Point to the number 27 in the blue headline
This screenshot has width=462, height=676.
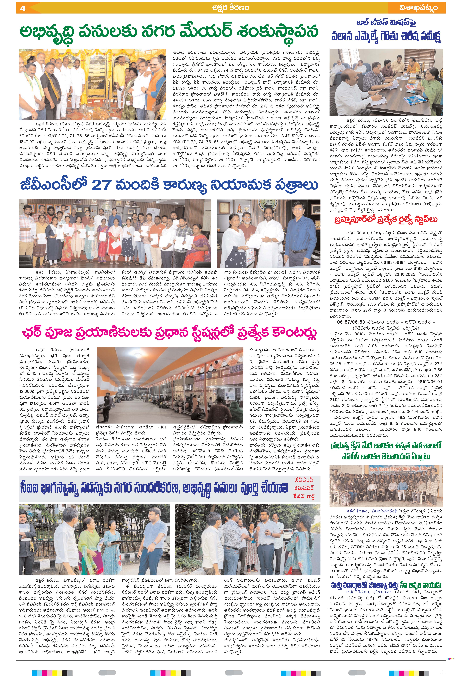coord(101,184)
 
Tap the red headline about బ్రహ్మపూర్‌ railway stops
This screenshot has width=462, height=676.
coord(386,219)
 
